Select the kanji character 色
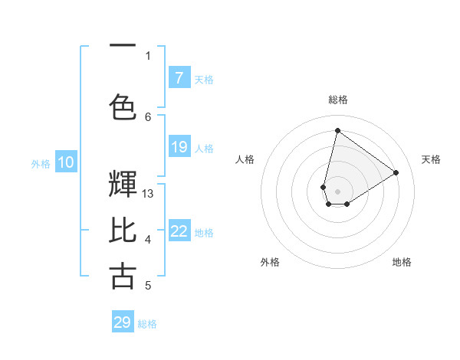pyautogui.click(x=123, y=106)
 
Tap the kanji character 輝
pyautogui.click(x=123, y=184)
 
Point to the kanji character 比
pyautogui.click(x=123, y=230)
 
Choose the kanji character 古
pyautogui.click(x=123, y=276)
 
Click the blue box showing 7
pyautogui.click(x=179, y=77)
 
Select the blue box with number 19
pyautogui.click(x=179, y=147)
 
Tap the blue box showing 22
pyautogui.click(x=179, y=231)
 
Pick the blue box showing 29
pyautogui.click(x=123, y=322)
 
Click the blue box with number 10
pyautogui.click(x=65, y=162)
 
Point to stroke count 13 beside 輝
pyautogui.click(x=149, y=194)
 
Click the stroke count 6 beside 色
pyautogui.click(x=148, y=116)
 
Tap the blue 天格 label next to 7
pyautogui.click(x=203, y=79)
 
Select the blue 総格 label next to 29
pyautogui.click(x=147, y=324)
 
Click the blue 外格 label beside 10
pyautogui.click(x=41, y=163)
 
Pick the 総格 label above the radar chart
pyautogui.click(x=337, y=100)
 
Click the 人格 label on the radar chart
pyautogui.click(x=245, y=159)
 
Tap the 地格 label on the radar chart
pyautogui.click(x=402, y=262)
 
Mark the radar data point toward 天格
pyautogui.click(x=396, y=172)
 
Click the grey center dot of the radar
pyautogui.click(x=337, y=190)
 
